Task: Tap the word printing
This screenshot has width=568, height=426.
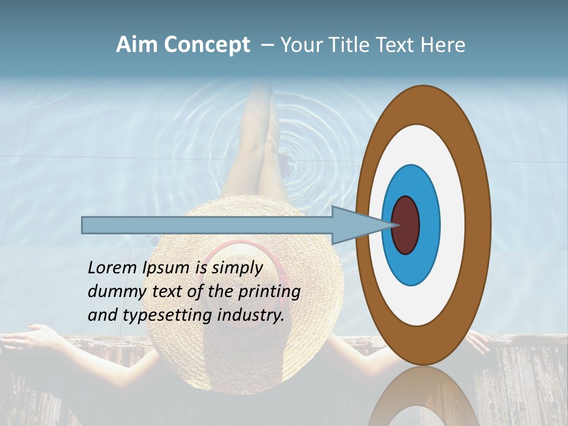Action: [269, 292]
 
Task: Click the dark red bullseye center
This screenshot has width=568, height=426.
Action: [406, 225]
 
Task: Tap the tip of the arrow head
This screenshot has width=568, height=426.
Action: [395, 225]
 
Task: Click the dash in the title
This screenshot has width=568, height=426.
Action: [267, 45]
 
